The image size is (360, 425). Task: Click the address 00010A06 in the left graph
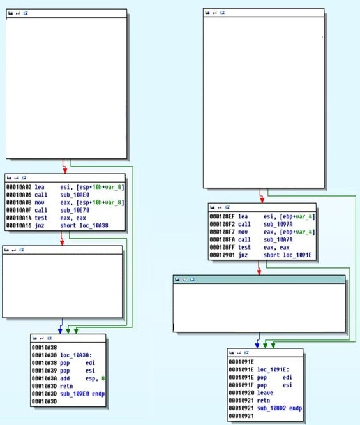tap(19, 195)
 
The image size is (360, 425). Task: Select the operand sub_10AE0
tap(75, 195)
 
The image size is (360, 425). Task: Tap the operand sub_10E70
tap(75, 210)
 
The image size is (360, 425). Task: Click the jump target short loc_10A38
tap(84, 225)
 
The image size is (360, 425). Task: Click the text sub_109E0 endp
tap(82, 394)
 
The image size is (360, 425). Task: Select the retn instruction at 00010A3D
tap(66, 386)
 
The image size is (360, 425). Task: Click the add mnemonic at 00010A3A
tap(65, 378)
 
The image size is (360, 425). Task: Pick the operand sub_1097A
tap(278, 224)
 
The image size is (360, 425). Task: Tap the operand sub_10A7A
tap(278, 239)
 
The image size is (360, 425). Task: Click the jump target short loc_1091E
tap(288, 255)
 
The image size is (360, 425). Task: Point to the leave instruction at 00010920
tap(265, 392)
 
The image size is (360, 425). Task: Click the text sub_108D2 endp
tap(280, 408)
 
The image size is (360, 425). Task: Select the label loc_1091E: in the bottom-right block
tap(273, 369)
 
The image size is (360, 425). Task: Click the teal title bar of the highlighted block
tap(259, 280)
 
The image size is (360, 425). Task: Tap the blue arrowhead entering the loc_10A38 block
tap(60, 331)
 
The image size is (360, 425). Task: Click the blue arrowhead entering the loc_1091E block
tap(257, 346)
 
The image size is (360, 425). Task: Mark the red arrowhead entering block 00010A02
tap(65, 171)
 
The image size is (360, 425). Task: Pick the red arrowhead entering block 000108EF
tap(262, 200)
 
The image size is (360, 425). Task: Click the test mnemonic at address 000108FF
tap(244, 247)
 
